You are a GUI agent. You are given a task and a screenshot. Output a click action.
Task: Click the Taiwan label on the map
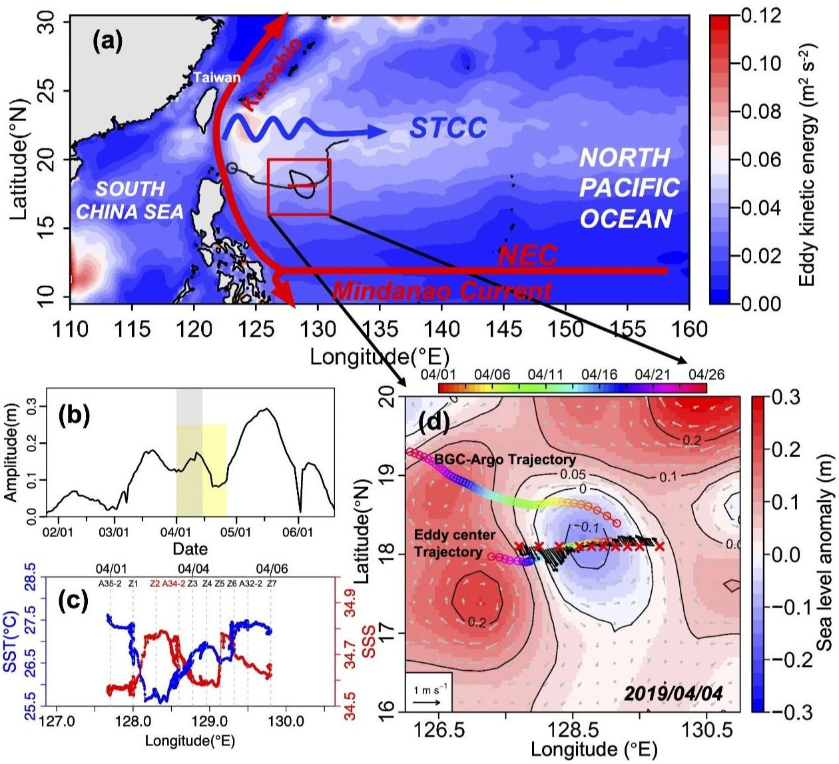click(217, 77)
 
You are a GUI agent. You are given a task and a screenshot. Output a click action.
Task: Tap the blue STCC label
click(447, 128)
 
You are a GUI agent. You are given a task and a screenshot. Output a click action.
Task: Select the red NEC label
click(527, 256)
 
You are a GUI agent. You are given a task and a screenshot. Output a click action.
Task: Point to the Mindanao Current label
click(441, 291)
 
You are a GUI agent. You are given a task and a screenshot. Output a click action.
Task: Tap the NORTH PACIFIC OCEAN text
click(626, 188)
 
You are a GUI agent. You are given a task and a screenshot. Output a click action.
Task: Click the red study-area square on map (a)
click(299, 187)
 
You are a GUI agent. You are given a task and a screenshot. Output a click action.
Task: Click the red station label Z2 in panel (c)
click(156, 584)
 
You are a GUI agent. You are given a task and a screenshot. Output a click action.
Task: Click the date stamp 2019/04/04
click(673, 693)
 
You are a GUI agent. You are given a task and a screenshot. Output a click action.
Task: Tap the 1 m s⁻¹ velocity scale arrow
click(429, 701)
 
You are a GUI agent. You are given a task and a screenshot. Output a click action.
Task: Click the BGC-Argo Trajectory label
click(505, 459)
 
